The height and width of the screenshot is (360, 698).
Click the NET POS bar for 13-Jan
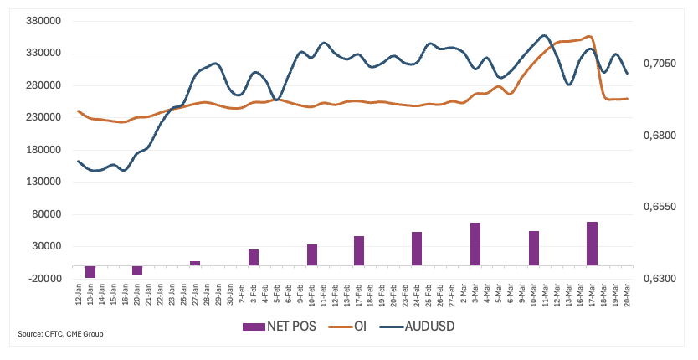tap(90, 271)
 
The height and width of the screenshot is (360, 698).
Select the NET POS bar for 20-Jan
tap(137, 270)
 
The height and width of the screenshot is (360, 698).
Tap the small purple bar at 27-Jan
tap(195, 263)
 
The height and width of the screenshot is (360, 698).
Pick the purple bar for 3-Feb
tap(254, 257)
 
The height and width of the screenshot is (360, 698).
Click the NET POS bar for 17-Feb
tap(359, 250)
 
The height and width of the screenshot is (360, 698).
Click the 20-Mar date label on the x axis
tap(627, 296)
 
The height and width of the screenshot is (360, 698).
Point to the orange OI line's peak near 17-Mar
tap(590, 37)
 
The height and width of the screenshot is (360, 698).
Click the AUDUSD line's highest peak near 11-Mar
tap(545, 35)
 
